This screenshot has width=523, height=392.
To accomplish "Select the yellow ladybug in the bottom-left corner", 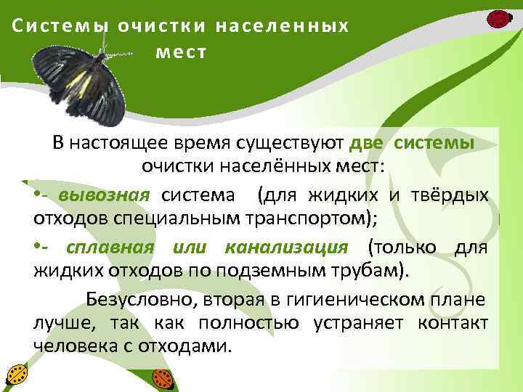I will tap(15, 375).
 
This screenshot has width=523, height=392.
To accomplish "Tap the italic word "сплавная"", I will tap(110, 247).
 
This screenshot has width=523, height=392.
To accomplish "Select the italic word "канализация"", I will tap(287, 247).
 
